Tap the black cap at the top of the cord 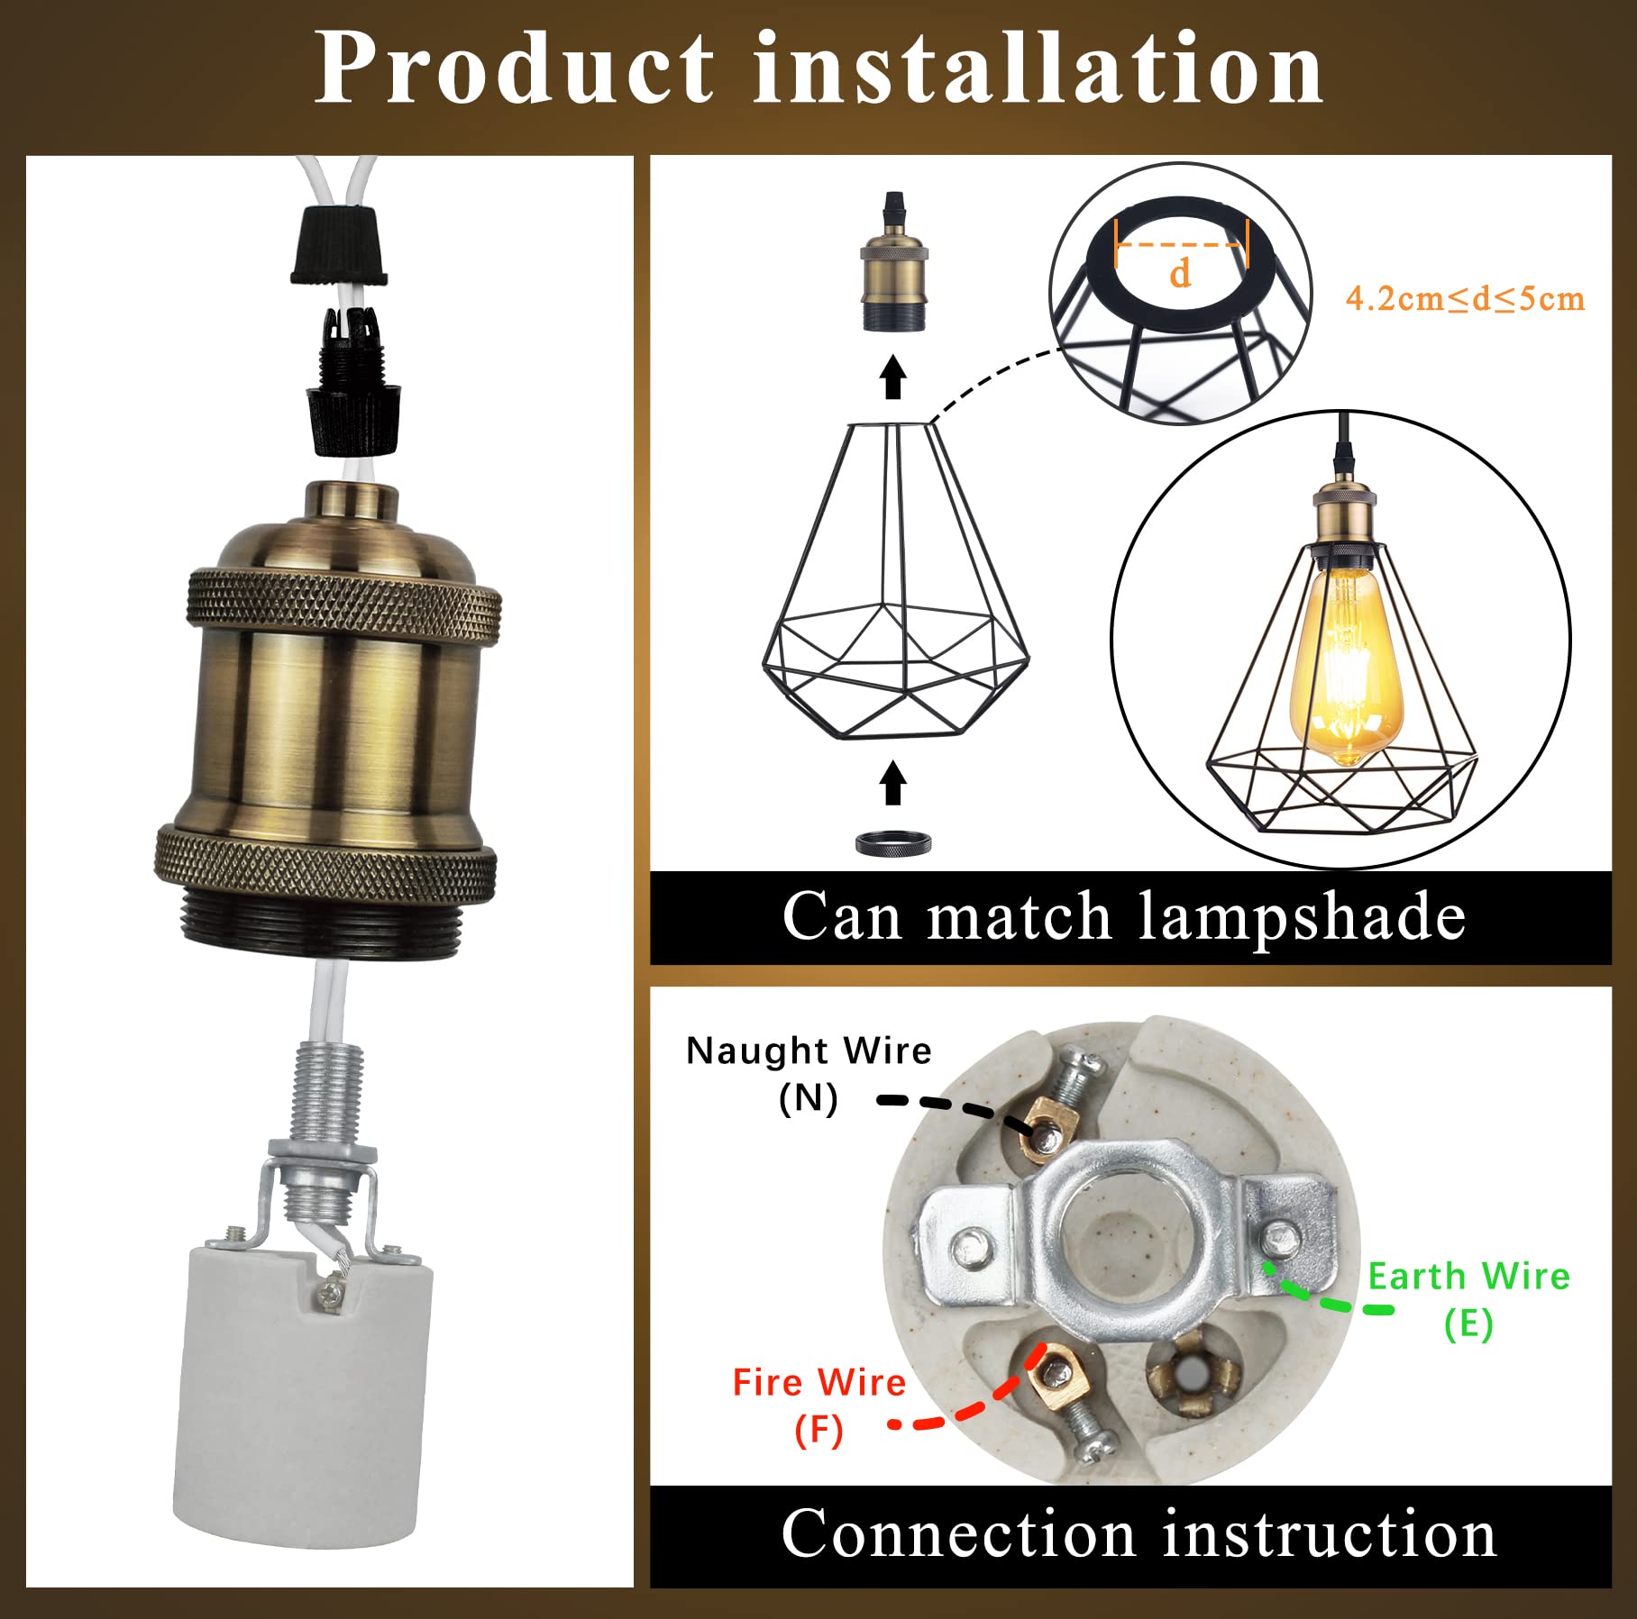[340, 244]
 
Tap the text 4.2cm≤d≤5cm [1464, 299]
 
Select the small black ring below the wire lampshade [892, 843]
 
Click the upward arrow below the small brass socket [892, 377]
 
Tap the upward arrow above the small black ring [892, 782]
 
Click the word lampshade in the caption [1302, 917]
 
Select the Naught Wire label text [808, 1051]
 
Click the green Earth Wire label [1468, 1277]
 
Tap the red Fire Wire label [818, 1382]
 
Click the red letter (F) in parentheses [818, 1429]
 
